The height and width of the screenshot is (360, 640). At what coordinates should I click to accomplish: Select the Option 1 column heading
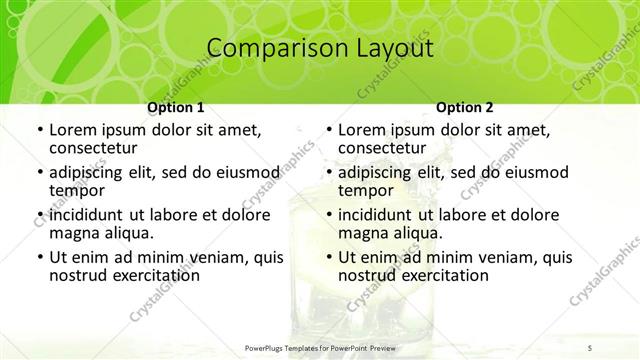176,107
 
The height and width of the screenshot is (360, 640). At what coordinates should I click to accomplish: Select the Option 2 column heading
465,107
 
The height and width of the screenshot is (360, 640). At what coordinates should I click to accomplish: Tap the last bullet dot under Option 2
328,258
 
